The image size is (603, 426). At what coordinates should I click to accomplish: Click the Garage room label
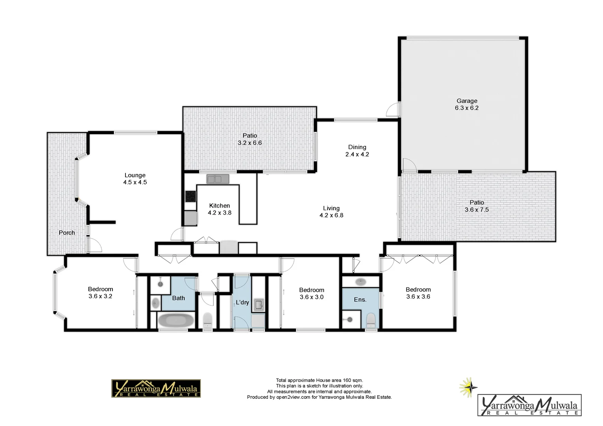pos(466,101)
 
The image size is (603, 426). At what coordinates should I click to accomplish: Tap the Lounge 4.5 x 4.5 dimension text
pos(135,182)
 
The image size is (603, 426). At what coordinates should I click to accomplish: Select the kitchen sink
pos(218,179)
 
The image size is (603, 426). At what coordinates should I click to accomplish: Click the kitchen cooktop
pos(191,196)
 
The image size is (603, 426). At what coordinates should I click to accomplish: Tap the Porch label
pos(67,233)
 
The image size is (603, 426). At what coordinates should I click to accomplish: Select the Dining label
pos(357,147)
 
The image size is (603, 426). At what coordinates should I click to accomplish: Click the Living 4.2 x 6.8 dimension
pos(331,215)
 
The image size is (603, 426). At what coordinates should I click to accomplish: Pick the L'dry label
pos(242,303)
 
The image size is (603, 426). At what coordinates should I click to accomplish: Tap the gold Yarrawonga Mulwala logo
pos(156,389)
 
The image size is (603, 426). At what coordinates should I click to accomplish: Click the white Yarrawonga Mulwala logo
pos(529,405)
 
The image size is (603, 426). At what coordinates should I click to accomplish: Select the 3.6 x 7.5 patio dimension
pos(476,210)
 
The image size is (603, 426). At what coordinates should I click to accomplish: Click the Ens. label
pos(360,300)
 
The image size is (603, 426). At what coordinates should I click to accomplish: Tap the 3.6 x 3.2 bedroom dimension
pos(100,296)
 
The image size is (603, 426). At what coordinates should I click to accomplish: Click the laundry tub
pos(259,305)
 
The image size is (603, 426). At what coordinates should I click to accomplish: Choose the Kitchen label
pos(219,206)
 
